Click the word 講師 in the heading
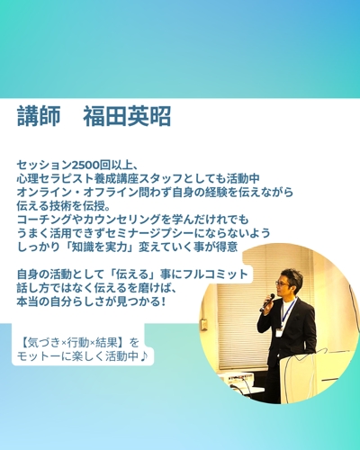(39, 117)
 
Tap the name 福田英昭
(126, 117)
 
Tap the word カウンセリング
(114, 219)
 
